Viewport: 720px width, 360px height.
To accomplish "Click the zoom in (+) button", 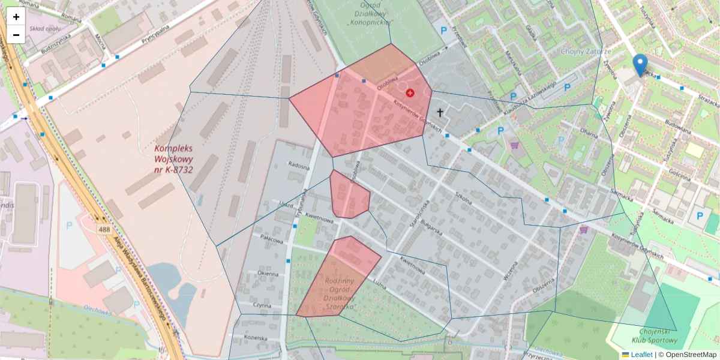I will pyautogui.click(x=16, y=17).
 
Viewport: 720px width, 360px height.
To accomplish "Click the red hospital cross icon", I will pyautogui.click(x=410, y=93).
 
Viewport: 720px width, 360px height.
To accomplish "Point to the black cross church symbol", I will pyautogui.click(x=440, y=112).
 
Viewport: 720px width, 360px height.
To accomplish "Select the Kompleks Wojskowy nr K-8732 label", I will pyautogui.click(x=173, y=159).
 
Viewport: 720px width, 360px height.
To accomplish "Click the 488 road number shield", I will pyautogui.click(x=104, y=230).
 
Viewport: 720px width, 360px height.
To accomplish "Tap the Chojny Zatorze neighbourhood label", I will pyautogui.click(x=584, y=52).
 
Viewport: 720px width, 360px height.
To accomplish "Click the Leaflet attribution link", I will pyautogui.click(x=641, y=355).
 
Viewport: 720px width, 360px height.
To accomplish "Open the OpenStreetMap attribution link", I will pyautogui.click(x=691, y=355).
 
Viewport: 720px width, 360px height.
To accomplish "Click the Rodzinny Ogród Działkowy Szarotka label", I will pyautogui.click(x=340, y=293).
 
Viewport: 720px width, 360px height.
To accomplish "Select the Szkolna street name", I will pyautogui.click(x=464, y=197).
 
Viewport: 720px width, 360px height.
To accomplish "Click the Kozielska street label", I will pyautogui.click(x=255, y=338).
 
